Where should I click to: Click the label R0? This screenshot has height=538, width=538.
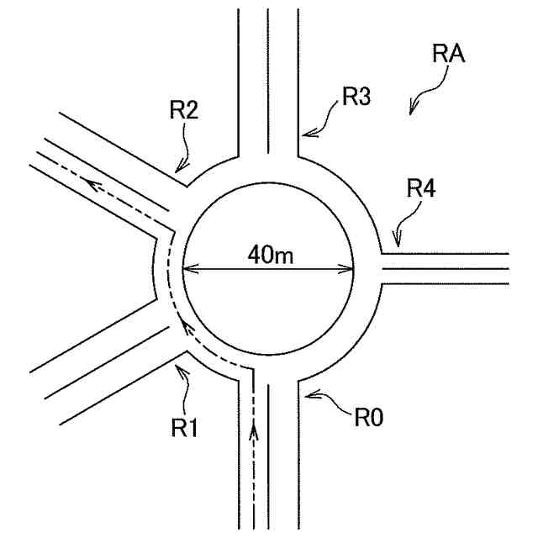coord(368,416)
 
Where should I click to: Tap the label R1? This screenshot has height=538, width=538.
coord(185,428)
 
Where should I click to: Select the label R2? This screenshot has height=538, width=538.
coord(183,110)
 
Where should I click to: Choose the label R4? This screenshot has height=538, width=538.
coord(420,189)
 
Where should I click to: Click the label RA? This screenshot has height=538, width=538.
coord(450,55)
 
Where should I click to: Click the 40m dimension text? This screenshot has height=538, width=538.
coord(270,254)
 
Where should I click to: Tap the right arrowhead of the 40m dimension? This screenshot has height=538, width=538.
coord(349,270)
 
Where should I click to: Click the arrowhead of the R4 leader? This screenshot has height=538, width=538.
coord(396,244)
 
